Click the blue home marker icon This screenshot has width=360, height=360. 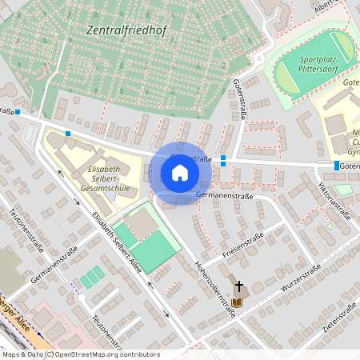pyautogui.click(x=180, y=173)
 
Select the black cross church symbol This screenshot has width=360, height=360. pyautogui.click(x=238, y=286)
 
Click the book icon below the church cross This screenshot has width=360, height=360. pyautogui.click(x=238, y=302)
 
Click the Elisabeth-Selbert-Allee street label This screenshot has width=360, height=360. pyautogui.click(x=116, y=242)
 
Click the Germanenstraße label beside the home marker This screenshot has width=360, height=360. pyautogui.click(x=224, y=195)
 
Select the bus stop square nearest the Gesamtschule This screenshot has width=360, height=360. pyautogui.click(x=69, y=134)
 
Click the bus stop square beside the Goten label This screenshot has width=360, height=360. pyautogui.click(x=335, y=166)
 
